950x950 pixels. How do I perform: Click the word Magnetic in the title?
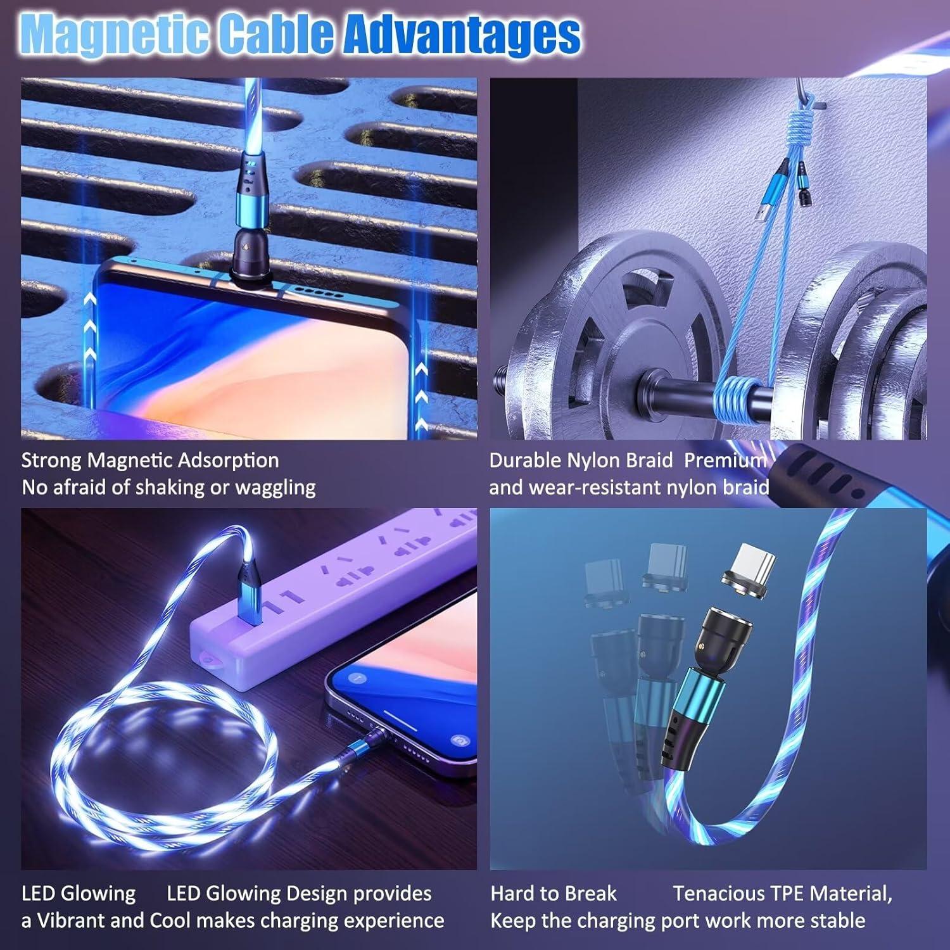(x=114, y=34)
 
